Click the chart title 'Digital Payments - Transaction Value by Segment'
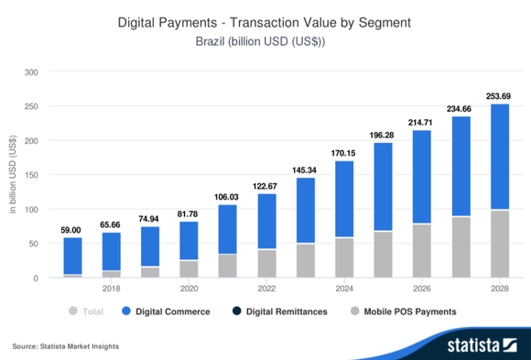pyautogui.click(x=265, y=22)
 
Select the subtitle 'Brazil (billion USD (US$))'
pyautogui.click(x=265, y=41)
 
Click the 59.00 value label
pyautogui.click(x=72, y=229)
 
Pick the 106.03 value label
pyautogui.click(x=226, y=196)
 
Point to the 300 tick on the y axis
pyautogui.click(x=32, y=72)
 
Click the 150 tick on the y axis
pyautogui.click(x=32, y=175)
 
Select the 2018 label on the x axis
pyautogui.click(x=111, y=288)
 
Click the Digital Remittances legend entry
pyautogui.click(x=280, y=311)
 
